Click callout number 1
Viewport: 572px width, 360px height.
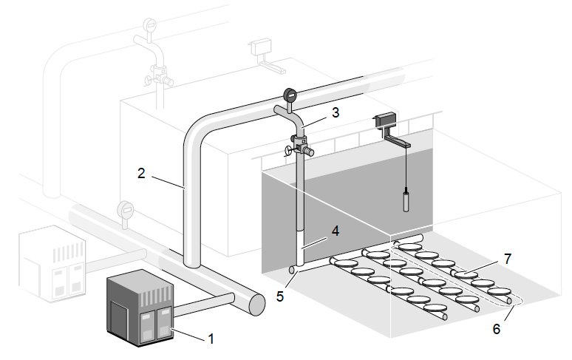tap(211, 339)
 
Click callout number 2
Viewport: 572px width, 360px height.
tap(140, 173)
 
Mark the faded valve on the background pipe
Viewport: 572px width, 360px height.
tap(157, 74)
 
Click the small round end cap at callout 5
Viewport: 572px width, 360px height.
tap(293, 271)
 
